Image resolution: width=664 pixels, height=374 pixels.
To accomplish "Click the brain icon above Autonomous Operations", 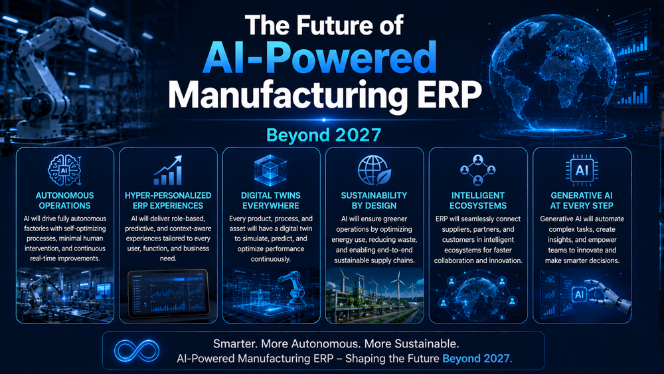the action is pos(64,170).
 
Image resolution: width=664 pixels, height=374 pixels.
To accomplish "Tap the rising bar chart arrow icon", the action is pos(168,170).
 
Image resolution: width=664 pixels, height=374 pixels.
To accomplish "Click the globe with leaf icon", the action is pos(374,170).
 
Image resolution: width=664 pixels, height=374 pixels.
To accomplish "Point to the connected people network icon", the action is pos(477,170).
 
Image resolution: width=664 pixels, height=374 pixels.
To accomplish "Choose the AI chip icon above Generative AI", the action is pos(582,170).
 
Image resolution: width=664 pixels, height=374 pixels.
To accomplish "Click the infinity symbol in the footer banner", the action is pos(137,351).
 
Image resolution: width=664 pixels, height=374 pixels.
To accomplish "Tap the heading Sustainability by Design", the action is pos(374,201).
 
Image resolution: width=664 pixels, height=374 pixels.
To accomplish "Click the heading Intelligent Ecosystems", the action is pos(477,201).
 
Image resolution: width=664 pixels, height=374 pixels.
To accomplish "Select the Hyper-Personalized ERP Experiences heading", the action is pos(168,201).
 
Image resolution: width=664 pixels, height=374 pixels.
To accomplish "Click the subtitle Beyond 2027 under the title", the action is pos(323,135).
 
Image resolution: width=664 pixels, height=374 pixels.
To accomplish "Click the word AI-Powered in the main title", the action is pos(320,57).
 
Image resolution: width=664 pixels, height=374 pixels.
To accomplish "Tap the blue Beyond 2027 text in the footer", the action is pos(477,358).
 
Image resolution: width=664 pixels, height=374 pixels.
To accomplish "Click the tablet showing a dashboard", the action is pos(168,294).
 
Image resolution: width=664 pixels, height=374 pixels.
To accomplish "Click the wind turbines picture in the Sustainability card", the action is pos(374,295).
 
